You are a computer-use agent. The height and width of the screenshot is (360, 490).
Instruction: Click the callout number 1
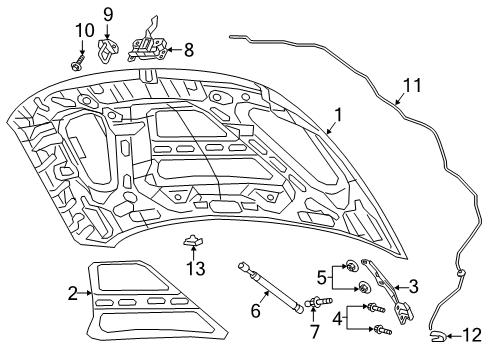pos(339,116)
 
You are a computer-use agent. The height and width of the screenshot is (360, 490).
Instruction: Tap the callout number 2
pos(72,293)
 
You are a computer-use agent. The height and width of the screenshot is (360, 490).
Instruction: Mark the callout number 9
pos(108,14)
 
